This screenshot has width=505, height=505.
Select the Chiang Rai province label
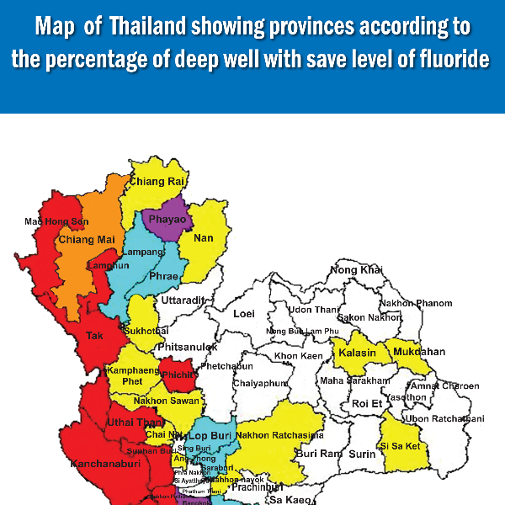point(158,181)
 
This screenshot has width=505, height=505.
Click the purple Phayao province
point(167,220)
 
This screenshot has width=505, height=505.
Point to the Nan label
point(204,238)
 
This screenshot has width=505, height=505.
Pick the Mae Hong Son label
point(56,221)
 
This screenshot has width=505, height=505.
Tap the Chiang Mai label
point(87,240)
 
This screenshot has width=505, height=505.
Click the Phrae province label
point(163,275)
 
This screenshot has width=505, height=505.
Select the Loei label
point(243,313)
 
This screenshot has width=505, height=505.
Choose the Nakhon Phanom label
point(416,303)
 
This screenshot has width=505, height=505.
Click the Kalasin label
point(357,353)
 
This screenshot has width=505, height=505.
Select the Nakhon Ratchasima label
point(279,435)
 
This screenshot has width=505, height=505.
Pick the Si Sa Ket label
point(401,446)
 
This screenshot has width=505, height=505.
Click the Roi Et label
point(367,404)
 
